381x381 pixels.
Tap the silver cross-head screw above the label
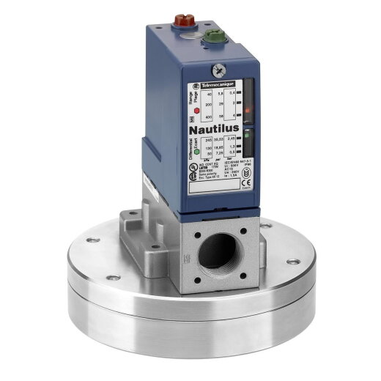point(217,71)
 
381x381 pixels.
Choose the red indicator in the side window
point(249,111)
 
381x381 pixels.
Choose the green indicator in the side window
point(249,134)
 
